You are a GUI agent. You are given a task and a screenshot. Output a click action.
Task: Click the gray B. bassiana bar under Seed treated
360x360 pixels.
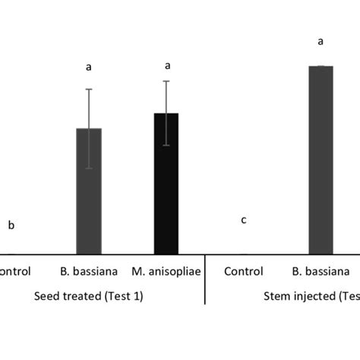point(89,197)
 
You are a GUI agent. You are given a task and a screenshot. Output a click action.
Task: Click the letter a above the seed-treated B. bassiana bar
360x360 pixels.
point(89,67)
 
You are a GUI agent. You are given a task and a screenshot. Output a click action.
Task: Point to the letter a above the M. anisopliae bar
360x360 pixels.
point(166,65)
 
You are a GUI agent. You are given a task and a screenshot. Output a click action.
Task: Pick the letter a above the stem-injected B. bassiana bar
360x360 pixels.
point(321,41)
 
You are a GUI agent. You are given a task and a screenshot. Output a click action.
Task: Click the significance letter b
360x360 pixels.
point(11,225)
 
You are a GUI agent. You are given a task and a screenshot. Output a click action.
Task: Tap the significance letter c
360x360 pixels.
point(243,220)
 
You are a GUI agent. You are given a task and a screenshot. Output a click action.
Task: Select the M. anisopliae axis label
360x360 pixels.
point(166,271)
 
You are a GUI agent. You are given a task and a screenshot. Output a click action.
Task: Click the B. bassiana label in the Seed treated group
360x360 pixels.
point(89,271)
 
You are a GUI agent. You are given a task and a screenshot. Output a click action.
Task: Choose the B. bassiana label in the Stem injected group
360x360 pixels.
point(321,271)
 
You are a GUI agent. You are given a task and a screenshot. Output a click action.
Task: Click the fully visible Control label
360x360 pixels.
point(243,271)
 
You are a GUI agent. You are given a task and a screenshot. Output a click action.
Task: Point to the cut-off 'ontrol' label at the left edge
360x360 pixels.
point(14,271)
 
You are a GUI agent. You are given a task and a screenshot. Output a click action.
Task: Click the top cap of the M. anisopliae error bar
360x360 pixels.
point(166,81)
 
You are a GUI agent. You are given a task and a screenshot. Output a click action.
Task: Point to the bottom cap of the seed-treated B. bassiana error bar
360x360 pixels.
point(89,168)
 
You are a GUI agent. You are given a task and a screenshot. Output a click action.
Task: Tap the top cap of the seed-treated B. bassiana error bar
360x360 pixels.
point(89,90)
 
